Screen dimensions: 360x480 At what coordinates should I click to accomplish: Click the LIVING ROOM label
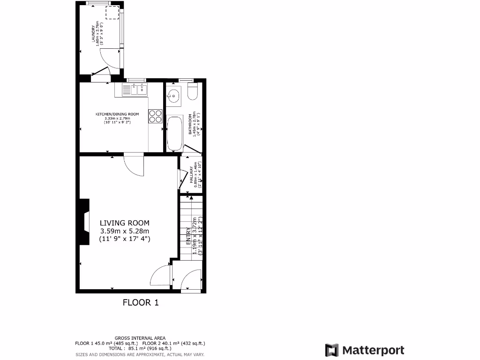click(x=124, y=223)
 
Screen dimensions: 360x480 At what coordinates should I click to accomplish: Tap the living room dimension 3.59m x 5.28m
click(x=124, y=231)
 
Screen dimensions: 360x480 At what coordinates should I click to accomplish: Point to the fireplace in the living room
click(x=84, y=222)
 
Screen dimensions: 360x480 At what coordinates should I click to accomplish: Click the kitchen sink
click(x=135, y=89)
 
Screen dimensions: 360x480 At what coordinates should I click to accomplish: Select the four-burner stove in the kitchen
click(x=156, y=116)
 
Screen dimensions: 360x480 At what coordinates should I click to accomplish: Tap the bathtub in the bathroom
click(x=174, y=134)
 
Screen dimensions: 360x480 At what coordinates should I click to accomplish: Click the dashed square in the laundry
click(x=112, y=13)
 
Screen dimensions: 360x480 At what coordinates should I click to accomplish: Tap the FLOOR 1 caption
click(x=141, y=302)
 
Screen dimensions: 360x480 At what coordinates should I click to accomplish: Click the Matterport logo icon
click(x=332, y=350)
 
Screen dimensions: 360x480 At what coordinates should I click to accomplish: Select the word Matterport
click(x=373, y=350)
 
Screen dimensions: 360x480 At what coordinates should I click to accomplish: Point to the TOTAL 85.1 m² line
click(x=140, y=348)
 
